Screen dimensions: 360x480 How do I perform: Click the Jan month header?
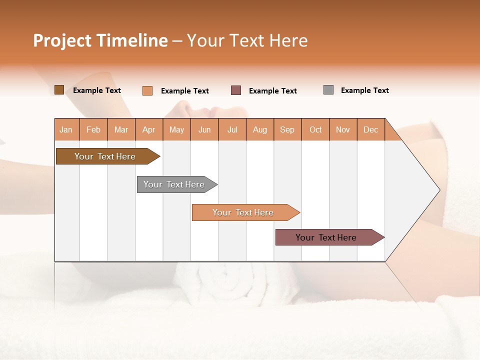(66, 129)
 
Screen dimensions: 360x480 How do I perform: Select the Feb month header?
(93, 129)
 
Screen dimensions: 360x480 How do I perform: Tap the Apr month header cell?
(148, 129)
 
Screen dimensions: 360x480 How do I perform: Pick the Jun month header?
(204, 129)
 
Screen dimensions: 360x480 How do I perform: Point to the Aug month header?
(259, 129)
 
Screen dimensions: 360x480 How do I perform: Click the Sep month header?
(287, 129)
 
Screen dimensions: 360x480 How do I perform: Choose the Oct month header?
(315, 129)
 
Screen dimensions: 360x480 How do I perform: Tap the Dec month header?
(370, 129)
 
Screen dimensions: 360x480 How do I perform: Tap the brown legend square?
(59, 90)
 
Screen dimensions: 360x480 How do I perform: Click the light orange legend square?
(147, 90)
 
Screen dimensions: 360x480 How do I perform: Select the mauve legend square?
(236, 90)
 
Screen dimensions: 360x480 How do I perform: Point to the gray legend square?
(328, 90)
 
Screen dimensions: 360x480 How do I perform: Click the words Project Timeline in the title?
(100, 40)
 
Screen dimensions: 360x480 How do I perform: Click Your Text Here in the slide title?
(247, 40)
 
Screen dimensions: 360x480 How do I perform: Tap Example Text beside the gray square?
(364, 90)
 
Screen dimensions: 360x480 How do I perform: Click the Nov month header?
(343, 129)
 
